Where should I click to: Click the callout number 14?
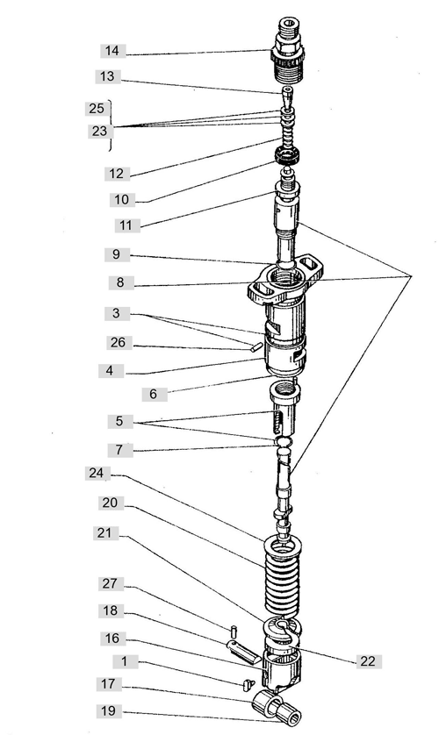[112, 51]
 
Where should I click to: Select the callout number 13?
[107, 76]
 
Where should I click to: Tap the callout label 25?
[97, 108]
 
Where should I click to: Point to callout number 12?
[116, 174]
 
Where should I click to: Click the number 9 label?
[116, 254]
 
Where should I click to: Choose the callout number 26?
[119, 343]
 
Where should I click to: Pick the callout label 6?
[154, 394]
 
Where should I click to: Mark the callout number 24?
[97, 473]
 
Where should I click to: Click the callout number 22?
[368, 661]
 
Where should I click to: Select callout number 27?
[109, 583]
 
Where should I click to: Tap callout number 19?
[108, 711]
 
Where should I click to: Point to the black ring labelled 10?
[287, 155]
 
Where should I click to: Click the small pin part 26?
[255, 347]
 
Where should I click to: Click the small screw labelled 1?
[248, 684]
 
